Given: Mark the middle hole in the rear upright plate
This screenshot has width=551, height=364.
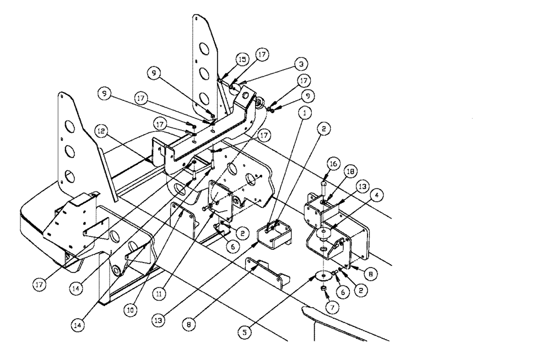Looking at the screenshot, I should (203, 73).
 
